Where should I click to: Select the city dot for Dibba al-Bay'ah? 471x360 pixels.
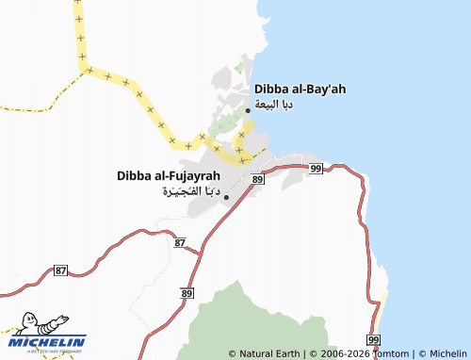point(248,110)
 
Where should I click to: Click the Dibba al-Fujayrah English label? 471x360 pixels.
point(169,175)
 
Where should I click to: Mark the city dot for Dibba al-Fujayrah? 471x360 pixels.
point(226,197)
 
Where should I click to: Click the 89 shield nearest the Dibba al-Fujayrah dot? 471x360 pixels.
point(257,178)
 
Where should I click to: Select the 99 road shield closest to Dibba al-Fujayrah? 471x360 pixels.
point(316,168)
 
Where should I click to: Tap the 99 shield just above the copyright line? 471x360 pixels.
point(373,339)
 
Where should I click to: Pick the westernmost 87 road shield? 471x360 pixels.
point(61,270)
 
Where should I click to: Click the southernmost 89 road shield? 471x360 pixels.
point(176,294)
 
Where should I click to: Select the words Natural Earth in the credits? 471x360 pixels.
point(268,353)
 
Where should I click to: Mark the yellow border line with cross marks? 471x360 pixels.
point(141,104)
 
